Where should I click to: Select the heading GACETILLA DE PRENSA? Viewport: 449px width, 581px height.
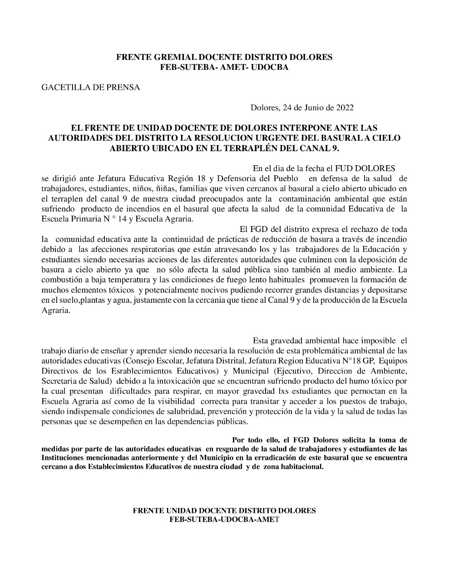(x=91, y=88)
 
